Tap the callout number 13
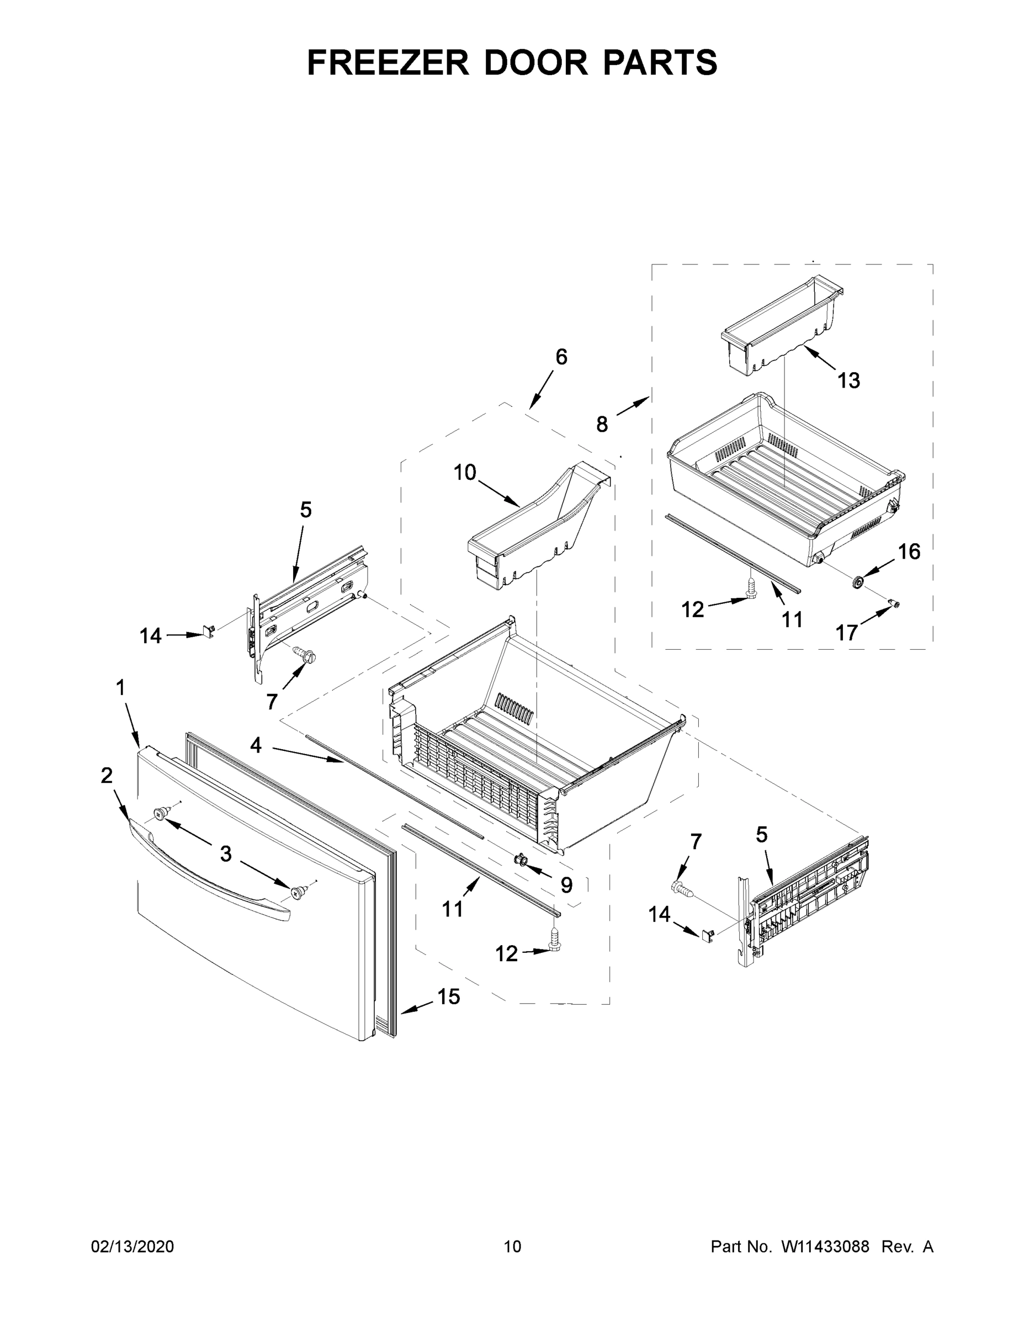click(848, 380)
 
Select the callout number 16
click(909, 552)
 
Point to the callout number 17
click(847, 633)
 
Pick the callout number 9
click(566, 885)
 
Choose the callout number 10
click(465, 472)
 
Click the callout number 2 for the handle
click(107, 775)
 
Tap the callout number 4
click(256, 745)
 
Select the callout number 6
click(561, 357)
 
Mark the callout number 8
click(601, 424)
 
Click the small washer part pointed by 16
click(858, 582)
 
